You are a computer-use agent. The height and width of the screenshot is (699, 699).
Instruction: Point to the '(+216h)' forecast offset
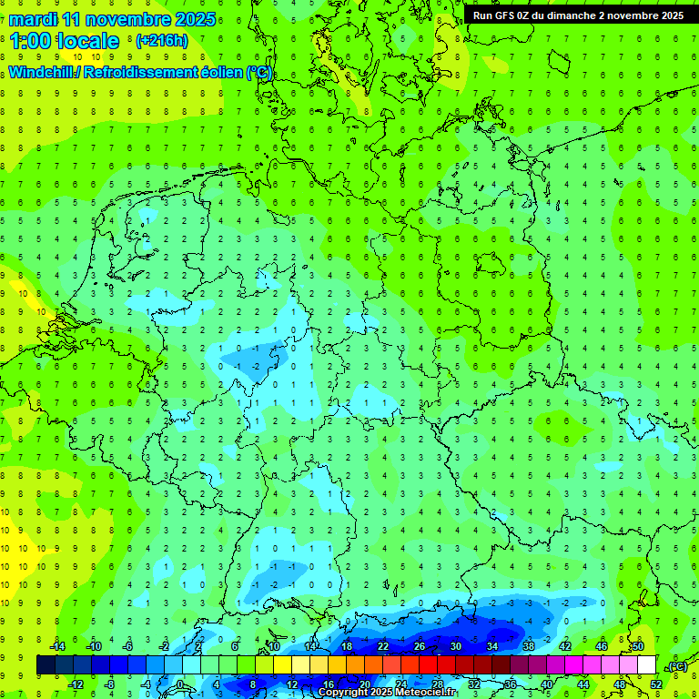tap(161, 41)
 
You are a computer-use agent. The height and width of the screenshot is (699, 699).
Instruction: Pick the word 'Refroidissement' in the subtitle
tap(139, 73)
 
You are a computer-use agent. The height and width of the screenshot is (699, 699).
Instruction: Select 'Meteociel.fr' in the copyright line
tap(419, 693)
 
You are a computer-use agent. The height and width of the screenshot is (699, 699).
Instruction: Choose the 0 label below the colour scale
tap(181, 684)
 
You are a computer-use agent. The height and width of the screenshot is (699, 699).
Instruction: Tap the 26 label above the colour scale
tap(420, 646)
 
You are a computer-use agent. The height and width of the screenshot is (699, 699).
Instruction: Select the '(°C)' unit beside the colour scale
tap(677, 666)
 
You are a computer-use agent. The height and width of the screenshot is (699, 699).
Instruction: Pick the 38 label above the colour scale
tap(529, 646)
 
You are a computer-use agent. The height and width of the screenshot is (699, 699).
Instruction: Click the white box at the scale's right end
tap(646, 665)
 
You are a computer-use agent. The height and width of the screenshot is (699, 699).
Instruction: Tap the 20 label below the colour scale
tap(364, 684)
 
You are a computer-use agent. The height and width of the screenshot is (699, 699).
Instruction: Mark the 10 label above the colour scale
tap(273, 646)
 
